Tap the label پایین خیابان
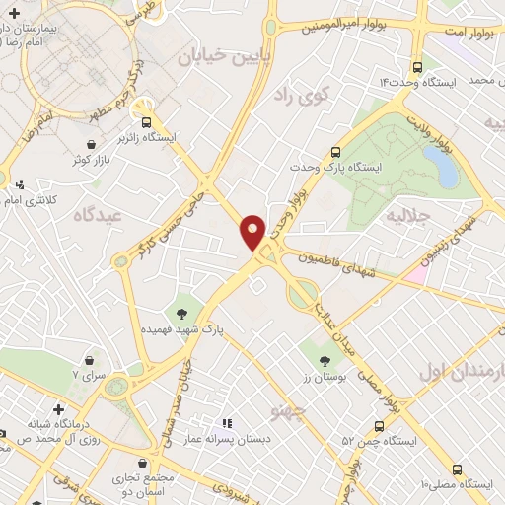click(219, 57)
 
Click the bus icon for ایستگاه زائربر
click(147, 123)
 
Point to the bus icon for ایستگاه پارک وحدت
click(335, 153)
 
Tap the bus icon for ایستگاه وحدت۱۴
click(418, 68)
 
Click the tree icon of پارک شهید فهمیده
click(182, 313)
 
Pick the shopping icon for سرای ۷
click(92, 362)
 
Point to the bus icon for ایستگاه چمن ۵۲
click(380, 425)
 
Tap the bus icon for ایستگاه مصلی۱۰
click(456, 469)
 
